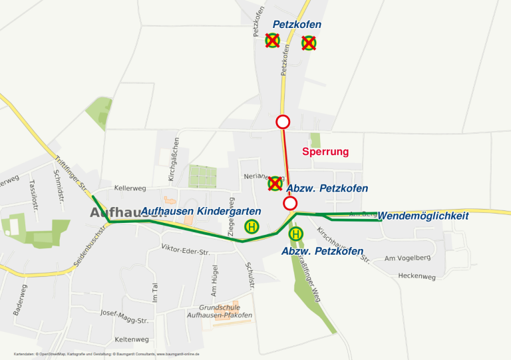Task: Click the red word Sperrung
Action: point(325,152)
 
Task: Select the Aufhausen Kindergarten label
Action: point(201,211)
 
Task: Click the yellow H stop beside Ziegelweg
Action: point(252,227)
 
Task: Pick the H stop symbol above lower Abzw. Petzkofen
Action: point(296,234)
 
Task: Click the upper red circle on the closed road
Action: point(283,122)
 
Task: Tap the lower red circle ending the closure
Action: point(290,203)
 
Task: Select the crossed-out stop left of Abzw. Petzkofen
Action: point(275,183)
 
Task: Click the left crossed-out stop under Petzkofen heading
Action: point(272,41)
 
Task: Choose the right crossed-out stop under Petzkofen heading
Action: point(309,43)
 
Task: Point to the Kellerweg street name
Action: point(130,188)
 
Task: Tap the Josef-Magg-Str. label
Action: point(124,316)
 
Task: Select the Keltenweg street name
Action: point(132,339)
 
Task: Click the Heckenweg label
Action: point(417,275)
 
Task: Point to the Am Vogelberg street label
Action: point(408,257)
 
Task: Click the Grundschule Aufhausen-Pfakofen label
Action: point(226,311)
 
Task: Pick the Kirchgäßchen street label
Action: point(174,160)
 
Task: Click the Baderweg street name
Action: point(20,299)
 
